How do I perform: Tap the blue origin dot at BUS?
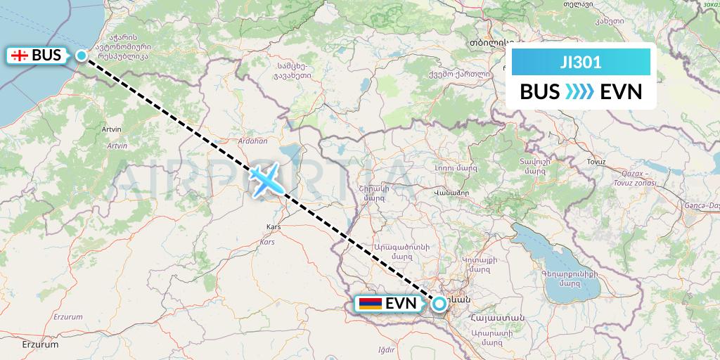[x=82, y=56]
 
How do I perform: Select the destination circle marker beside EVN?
[x=439, y=304]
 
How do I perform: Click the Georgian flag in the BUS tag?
[x=20, y=55]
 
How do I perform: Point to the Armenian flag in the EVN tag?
[x=370, y=304]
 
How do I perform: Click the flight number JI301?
[x=581, y=63]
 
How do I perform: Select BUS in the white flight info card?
[x=540, y=92]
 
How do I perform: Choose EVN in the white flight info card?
[x=622, y=92]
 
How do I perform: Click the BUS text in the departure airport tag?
[x=46, y=55]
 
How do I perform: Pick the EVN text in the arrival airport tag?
[x=401, y=304]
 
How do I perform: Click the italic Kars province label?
[x=267, y=242]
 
